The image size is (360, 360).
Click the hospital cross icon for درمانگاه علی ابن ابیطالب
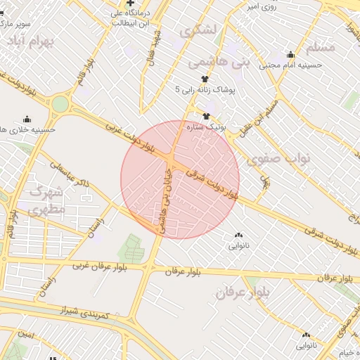[x=130, y=4]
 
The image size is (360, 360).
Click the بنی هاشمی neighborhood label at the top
[x=219, y=63]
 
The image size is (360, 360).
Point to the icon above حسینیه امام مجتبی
[x=291, y=55]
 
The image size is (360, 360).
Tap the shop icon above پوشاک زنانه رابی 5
[x=205, y=79]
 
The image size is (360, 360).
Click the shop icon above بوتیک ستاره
[x=206, y=116]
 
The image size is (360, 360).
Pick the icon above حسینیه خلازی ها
[x=27, y=119]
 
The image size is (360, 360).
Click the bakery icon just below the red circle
[x=235, y=236]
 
